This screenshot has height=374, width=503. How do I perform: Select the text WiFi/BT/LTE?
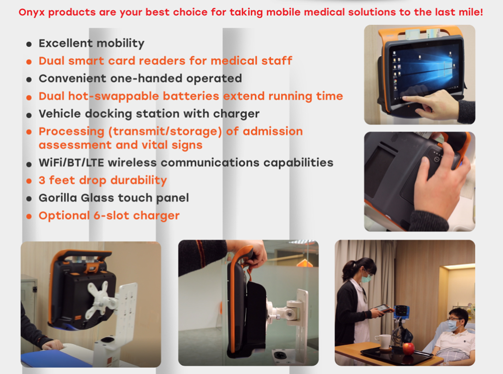tap(71, 163)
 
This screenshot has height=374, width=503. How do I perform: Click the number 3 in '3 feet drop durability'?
tap(42, 180)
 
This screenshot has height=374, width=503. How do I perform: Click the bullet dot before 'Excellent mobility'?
tap(29, 44)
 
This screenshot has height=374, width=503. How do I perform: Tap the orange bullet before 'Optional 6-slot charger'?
tap(29, 216)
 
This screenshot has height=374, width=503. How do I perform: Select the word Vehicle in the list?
tap(59, 114)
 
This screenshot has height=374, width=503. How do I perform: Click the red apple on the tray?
tap(408, 348)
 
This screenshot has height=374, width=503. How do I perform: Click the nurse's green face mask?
tap(366, 278)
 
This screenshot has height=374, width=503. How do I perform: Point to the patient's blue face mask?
tap(452, 326)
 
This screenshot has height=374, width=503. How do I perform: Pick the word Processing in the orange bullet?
tap(72, 132)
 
